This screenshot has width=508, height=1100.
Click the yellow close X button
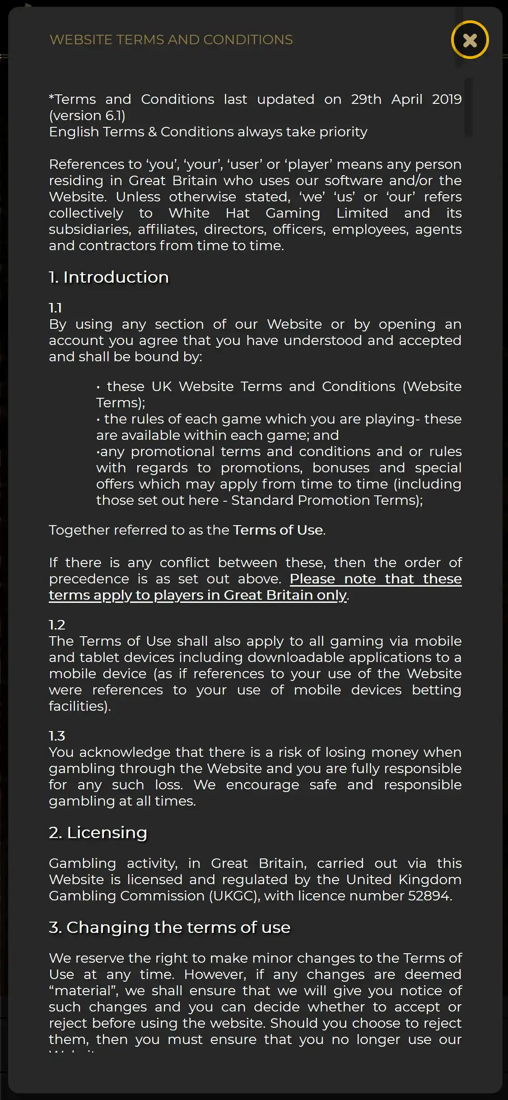click(x=470, y=40)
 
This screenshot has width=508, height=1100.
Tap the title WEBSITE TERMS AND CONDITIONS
click(x=171, y=40)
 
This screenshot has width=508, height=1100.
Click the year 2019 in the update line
click(x=447, y=99)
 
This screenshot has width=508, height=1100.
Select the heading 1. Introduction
click(x=109, y=277)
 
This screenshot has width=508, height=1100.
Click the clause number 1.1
click(x=55, y=308)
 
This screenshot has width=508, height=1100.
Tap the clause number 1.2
click(x=57, y=625)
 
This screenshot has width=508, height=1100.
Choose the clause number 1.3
click(x=57, y=736)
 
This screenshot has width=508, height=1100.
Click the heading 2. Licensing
click(x=98, y=833)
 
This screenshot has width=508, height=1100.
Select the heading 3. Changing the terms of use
click(x=169, y=928)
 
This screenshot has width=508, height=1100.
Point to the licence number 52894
click(x=429, y=896)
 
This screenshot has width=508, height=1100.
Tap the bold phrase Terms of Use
click(x=278, y=530)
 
